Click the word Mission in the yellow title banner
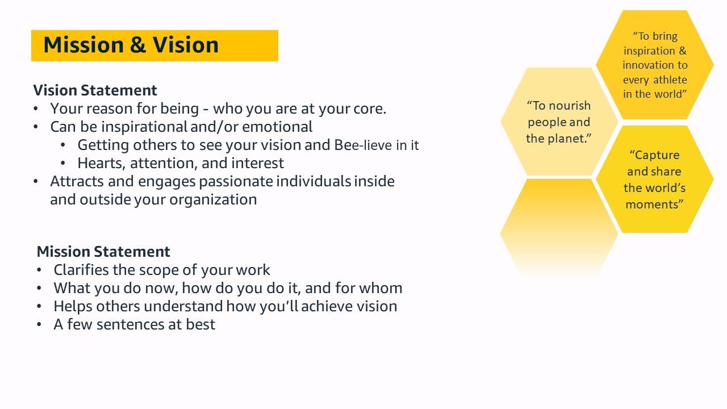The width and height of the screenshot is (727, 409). tap(83, 45)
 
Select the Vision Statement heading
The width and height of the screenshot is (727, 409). tap(95, 90)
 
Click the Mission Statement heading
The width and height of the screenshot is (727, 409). tap(103, 252)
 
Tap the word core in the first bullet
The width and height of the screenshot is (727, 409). tap(370, 108)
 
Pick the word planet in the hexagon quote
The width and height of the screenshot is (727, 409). tap(569, 138)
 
